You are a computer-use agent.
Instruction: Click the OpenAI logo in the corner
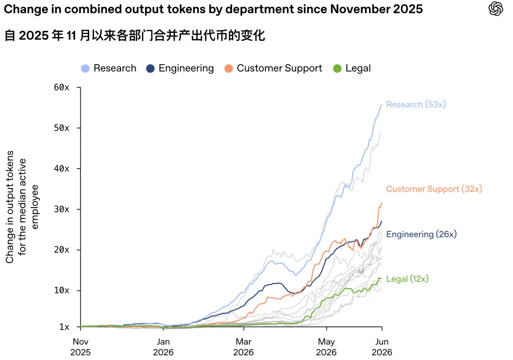(495, 9)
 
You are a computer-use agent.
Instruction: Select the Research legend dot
(85, 68)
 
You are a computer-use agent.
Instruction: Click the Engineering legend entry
(180, 68)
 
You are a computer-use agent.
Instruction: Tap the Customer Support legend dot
(228, 68)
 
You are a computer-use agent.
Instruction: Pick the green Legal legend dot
(337, 68)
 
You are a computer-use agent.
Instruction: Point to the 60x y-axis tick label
(61, 87)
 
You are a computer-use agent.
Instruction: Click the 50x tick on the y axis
(61, 128)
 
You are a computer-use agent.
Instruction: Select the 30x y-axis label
(61, 209)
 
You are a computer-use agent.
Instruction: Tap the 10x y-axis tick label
(61, 290)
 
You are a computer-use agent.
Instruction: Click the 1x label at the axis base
(65, 327)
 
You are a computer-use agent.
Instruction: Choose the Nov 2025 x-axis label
(80, 347)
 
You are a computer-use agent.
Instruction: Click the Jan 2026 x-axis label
(163, 347)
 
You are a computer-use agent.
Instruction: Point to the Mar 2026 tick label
(243, 347)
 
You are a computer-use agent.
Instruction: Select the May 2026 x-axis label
(326, 347)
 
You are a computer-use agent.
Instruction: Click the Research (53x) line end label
(416, 104)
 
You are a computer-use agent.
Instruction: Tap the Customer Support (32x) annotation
(434, 189)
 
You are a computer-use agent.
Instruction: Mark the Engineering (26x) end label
(421, 235)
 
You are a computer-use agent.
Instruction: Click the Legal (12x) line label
(408, 279)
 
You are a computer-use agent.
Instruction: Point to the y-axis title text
(22, 207)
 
